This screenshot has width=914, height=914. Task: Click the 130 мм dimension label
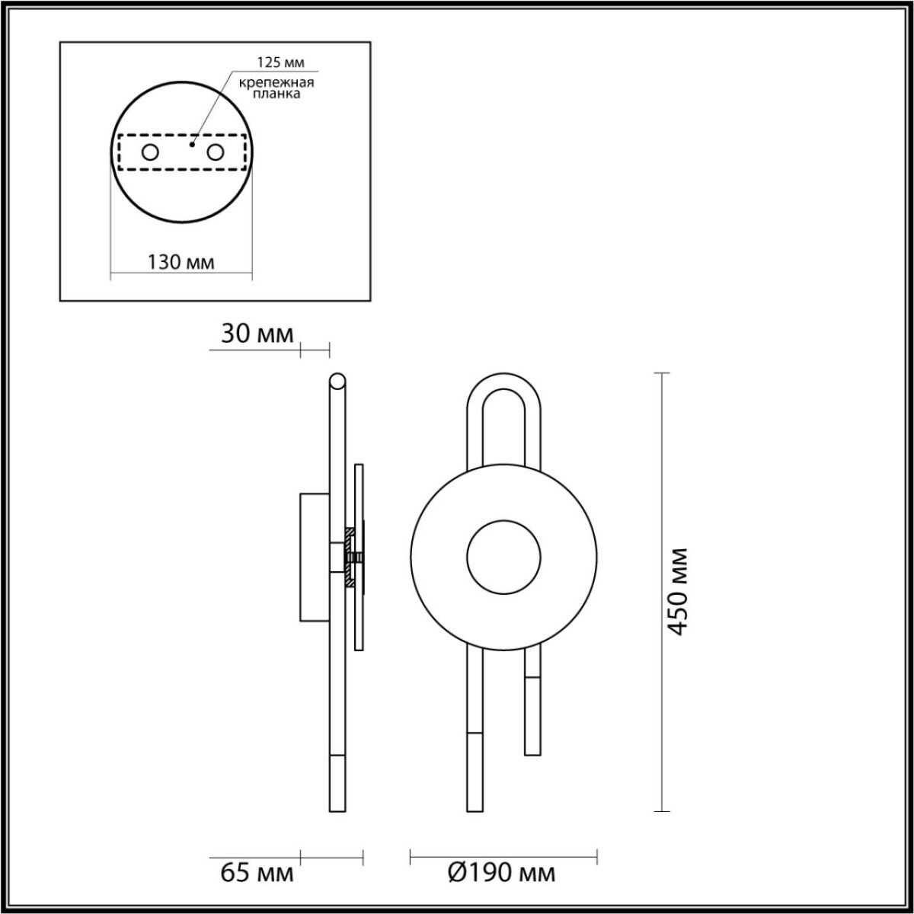pos(181,262)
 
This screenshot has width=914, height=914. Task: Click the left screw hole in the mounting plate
pos(150,152)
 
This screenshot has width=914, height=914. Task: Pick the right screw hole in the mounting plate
pos(216,152)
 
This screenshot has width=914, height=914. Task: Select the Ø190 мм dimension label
pos(502,872)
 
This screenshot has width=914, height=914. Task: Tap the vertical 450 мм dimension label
pos(678,590)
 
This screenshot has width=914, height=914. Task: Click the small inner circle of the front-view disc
pos(503,558)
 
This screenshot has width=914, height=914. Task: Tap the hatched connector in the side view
pos(351,558)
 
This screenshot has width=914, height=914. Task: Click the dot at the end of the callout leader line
pos(193,142)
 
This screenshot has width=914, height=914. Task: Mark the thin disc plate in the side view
pos(360,558)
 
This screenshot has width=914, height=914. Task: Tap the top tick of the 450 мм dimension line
pos(662,373)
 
